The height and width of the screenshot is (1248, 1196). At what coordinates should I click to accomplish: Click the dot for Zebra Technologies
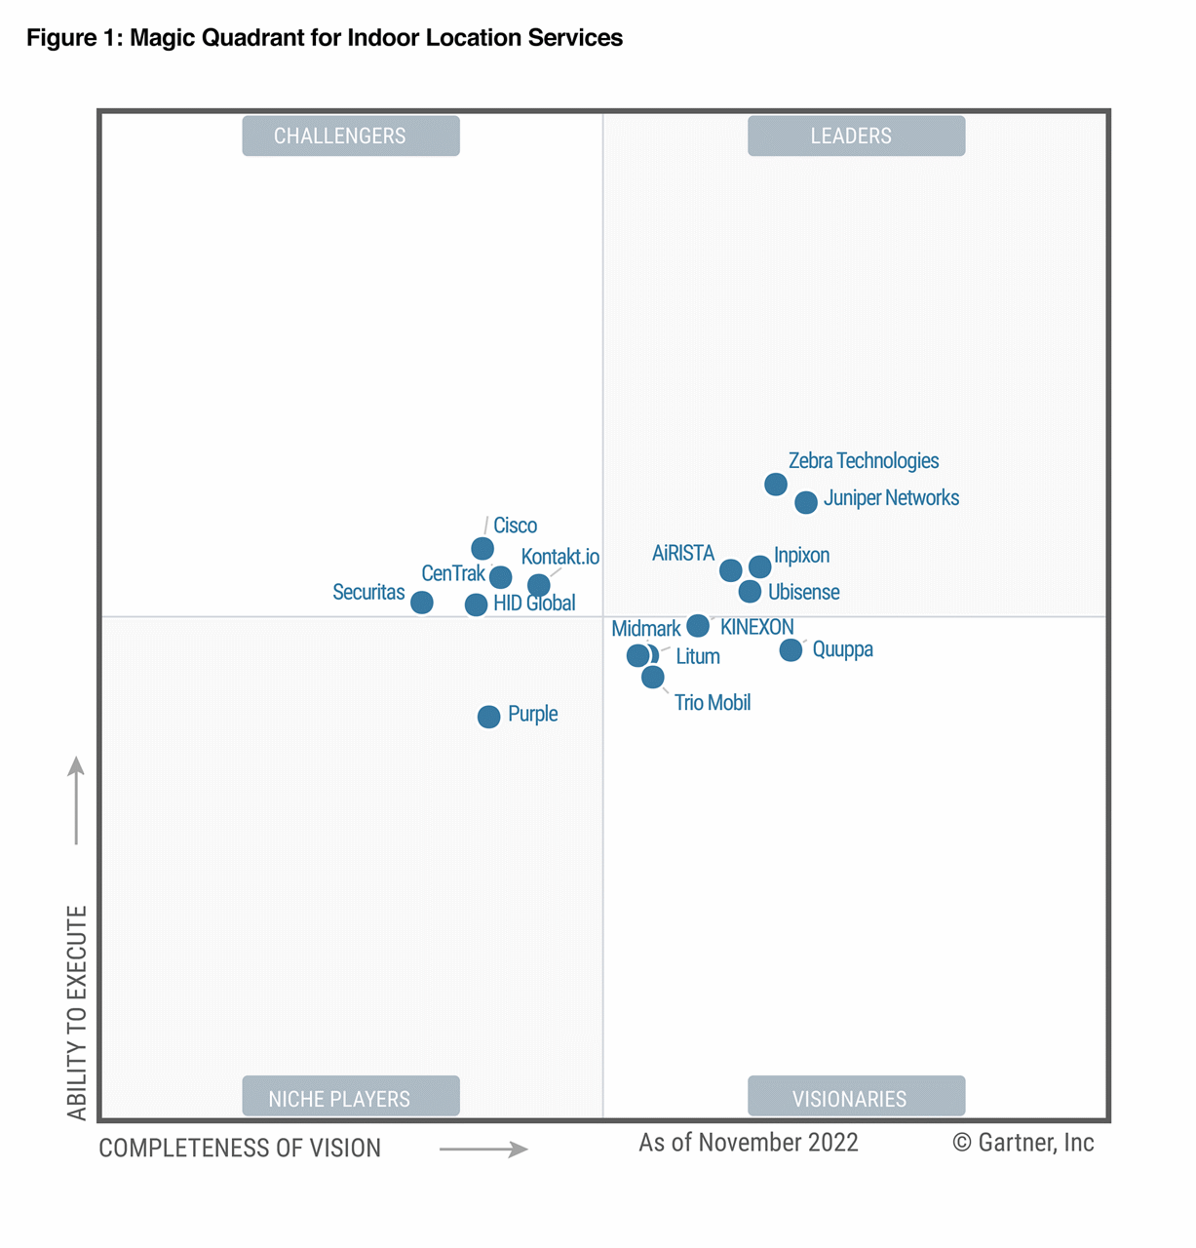point(775,484)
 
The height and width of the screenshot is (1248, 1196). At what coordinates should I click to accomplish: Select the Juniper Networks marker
point(805,502)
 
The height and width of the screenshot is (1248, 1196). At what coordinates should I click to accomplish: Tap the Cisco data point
point(482,549)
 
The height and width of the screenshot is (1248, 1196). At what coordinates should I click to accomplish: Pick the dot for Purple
point(488,717)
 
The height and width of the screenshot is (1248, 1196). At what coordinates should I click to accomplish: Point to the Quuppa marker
point(791,649)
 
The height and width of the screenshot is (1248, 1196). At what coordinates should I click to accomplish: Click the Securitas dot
point(421,603)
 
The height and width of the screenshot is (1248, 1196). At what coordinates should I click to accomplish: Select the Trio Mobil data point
point(652,677)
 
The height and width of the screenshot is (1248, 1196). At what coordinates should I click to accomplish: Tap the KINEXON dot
point(697,625)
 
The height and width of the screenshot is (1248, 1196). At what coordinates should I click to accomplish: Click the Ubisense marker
point(749,591)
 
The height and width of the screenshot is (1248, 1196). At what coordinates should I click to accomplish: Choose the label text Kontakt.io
point(559,557)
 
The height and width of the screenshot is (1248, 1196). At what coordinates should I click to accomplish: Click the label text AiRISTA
point(682,554)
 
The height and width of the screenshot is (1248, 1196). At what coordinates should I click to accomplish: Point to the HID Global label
point(533,604)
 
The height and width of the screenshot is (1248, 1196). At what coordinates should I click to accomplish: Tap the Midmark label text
point(645,629)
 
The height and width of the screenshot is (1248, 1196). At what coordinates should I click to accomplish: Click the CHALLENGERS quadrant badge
point(350,136)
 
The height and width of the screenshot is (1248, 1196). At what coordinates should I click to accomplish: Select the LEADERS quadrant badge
point(856,136)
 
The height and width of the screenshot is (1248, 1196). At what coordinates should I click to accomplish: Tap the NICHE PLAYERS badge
point(350,1097)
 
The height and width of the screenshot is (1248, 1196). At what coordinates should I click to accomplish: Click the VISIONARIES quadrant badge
point(856,1097)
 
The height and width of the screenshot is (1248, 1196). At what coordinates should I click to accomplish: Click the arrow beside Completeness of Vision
point(483,1150)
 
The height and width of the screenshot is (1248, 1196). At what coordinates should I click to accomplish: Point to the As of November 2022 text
point(748,1143)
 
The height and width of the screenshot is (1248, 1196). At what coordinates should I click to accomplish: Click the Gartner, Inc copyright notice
point(1022,1143)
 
